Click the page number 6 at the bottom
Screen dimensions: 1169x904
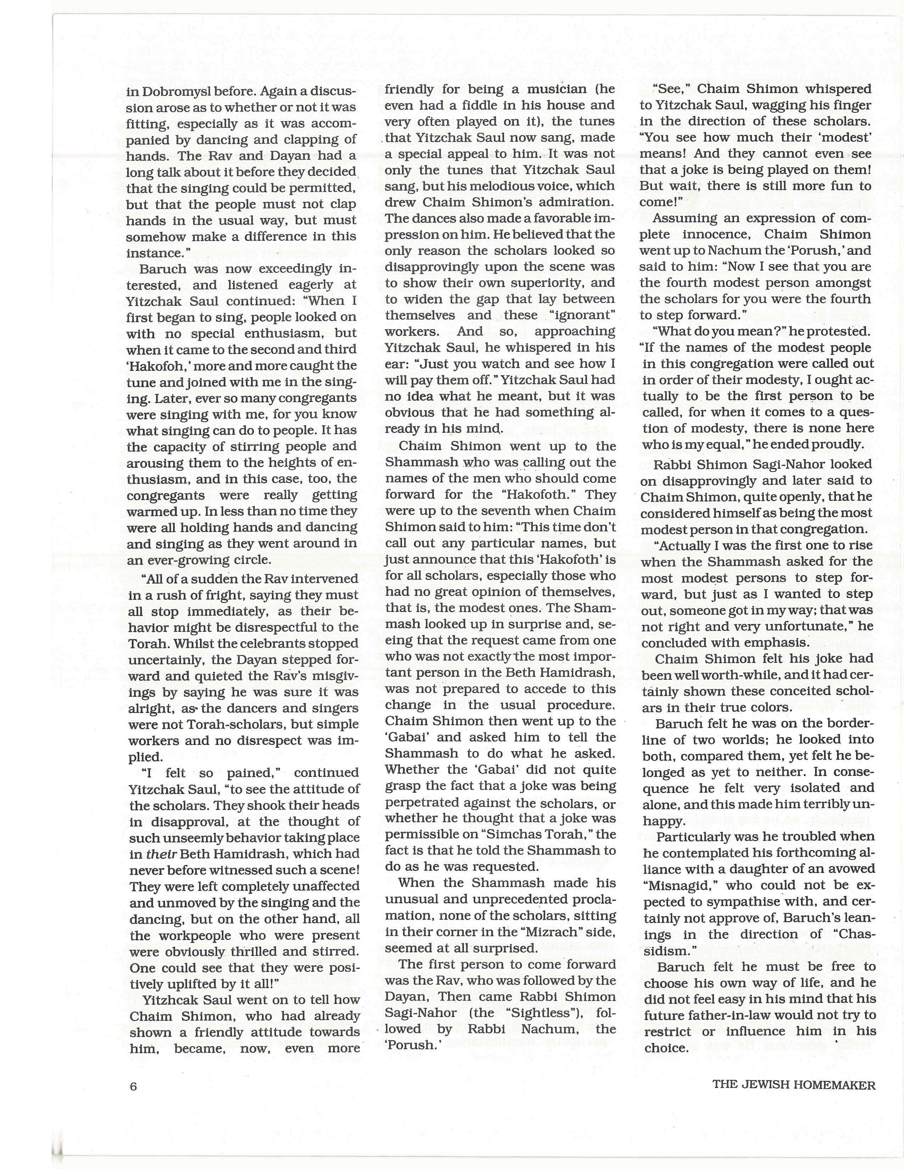pos(133,1086)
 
